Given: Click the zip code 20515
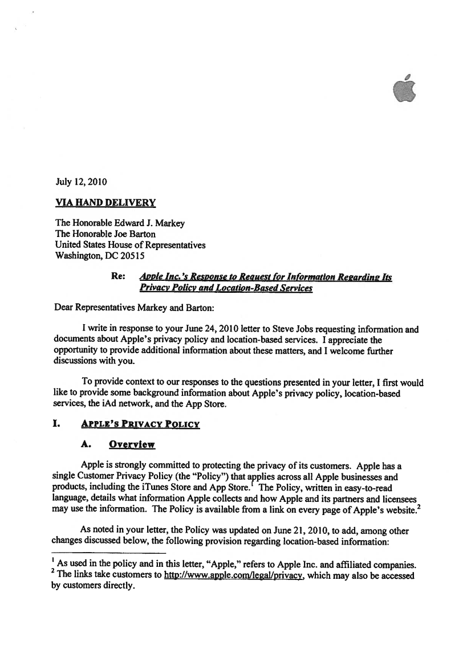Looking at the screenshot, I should point(140,256).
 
